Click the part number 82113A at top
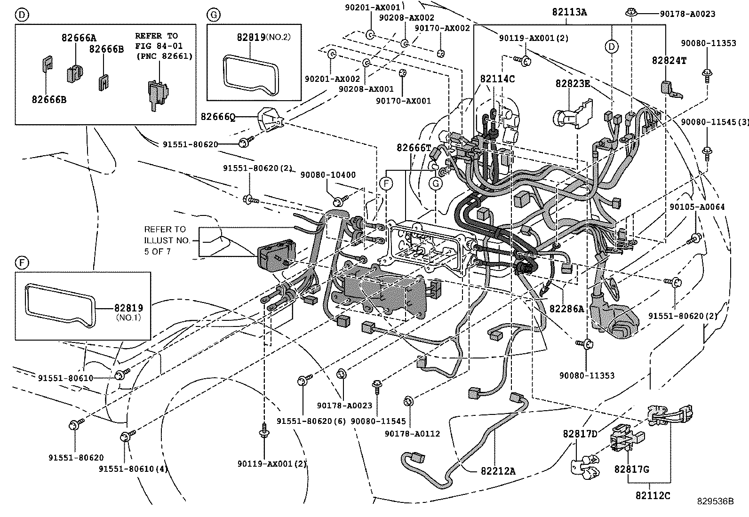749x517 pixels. [x=569, y=13]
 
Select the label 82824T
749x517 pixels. [x=669, y=60]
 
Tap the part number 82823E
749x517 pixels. [x=573, y=83]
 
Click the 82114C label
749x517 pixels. [x=497, y=79]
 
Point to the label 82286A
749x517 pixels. [x=566, y=309]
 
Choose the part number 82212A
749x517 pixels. [x=498, y=470]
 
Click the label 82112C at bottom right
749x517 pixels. [x=653, y=495]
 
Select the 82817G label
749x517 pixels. [x=631, y=469]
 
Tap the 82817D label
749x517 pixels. [x=580, y=433]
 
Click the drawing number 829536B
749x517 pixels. [x=716, y=501]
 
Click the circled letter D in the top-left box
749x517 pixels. [x=22, y=15]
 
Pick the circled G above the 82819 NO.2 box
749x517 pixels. [x=213, y=15]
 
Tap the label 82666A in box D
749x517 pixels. [x=79, y=38]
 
